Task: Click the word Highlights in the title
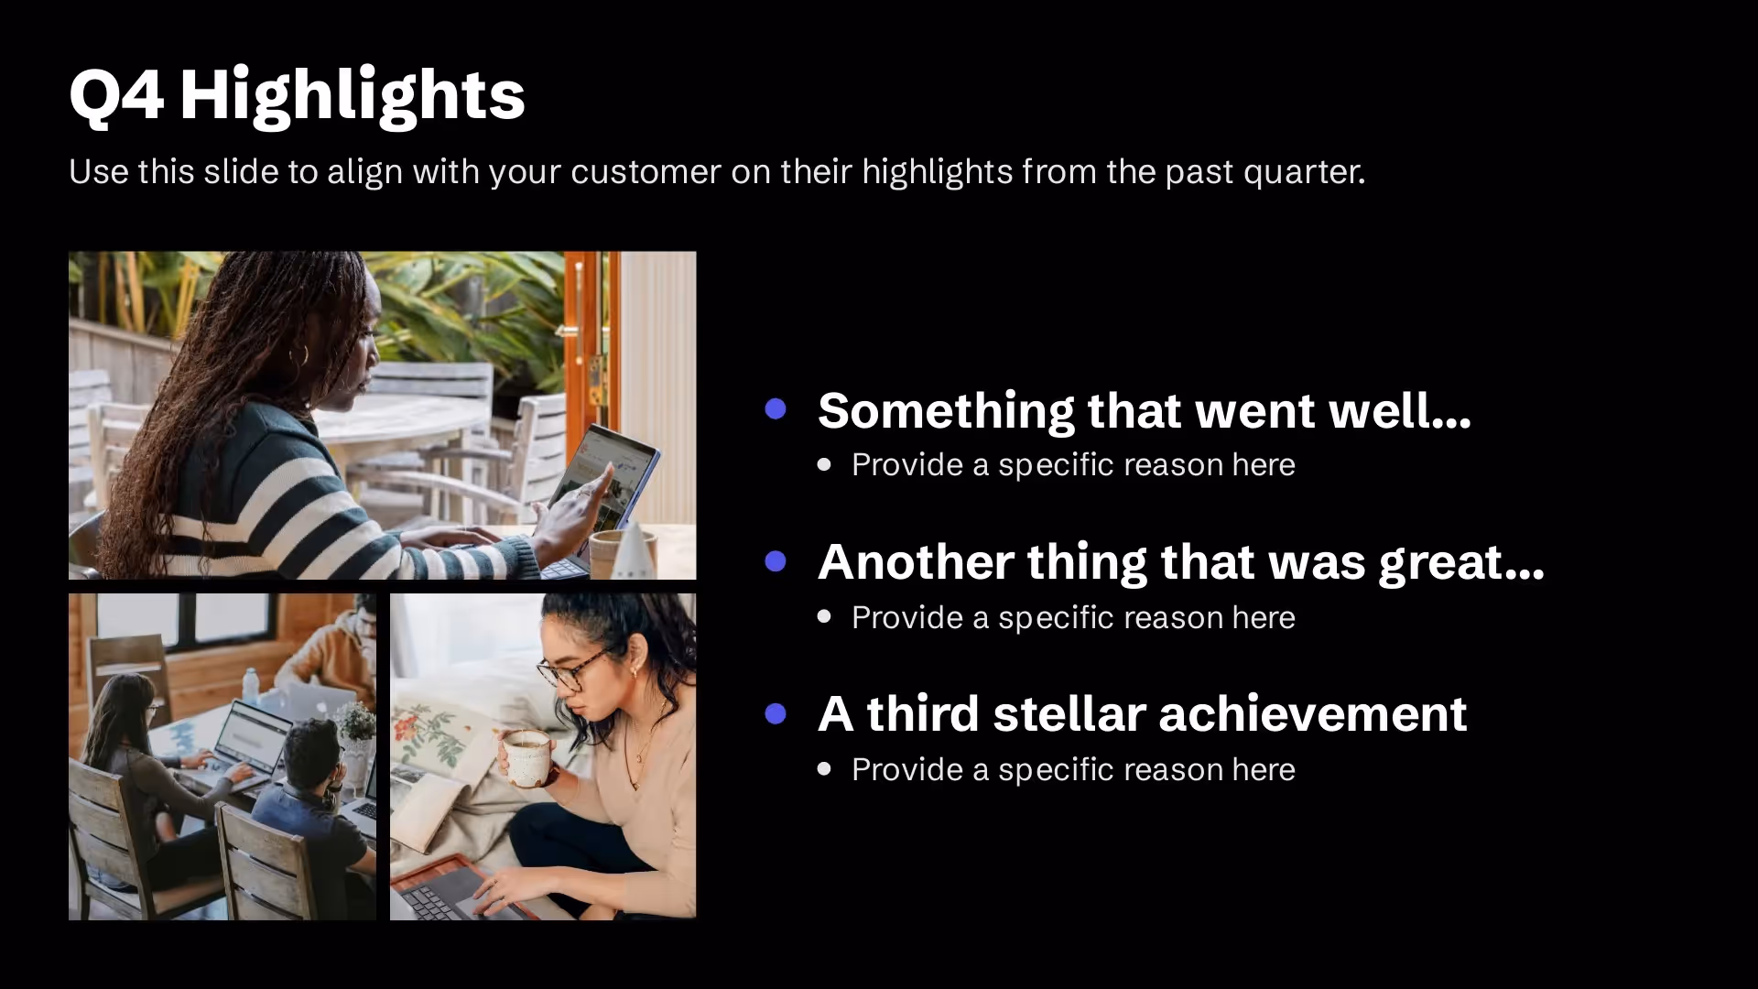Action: pos(352,95)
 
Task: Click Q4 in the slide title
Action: pos(116,95)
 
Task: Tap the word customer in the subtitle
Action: pos(646,172)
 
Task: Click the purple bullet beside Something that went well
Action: pos(776,408)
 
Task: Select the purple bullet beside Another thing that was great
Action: pos(776,560)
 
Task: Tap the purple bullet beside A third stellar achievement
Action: pos(776,713)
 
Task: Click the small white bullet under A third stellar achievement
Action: pos(824,769)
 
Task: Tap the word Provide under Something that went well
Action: pos(906,465)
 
